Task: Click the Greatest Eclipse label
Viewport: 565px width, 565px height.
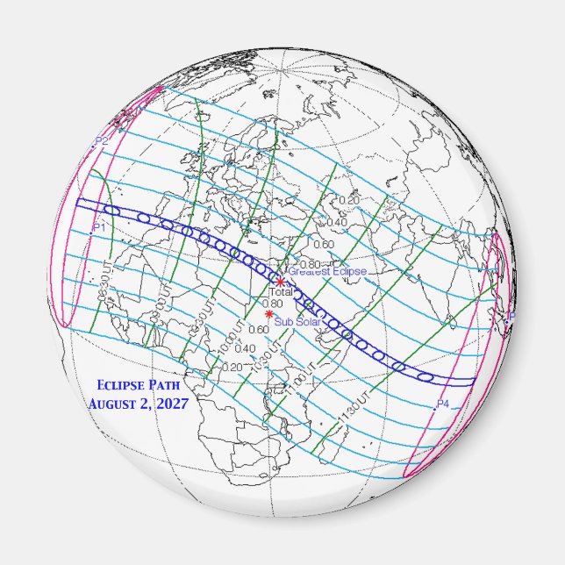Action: (x=327, y=272)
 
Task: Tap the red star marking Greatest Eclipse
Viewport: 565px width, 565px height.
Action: (x=280, y=282)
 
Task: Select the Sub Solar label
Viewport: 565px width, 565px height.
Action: (x=295, y=322)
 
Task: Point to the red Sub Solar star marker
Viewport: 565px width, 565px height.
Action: (x=268, y=314)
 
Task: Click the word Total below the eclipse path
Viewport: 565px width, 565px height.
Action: (x=280, y=292)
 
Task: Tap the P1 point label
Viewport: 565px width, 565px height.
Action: (x=99, y=227)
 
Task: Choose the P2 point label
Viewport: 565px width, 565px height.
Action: (x=102, y=141)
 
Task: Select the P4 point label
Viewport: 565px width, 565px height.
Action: (x=443, y=404)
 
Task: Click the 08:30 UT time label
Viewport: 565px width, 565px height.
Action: (x=106, y=278)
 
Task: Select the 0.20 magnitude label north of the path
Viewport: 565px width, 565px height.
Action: (x=348, y=201)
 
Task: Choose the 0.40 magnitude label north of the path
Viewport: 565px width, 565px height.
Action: (x=336, y=222)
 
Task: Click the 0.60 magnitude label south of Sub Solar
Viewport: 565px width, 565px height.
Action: (x=259, y=330)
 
